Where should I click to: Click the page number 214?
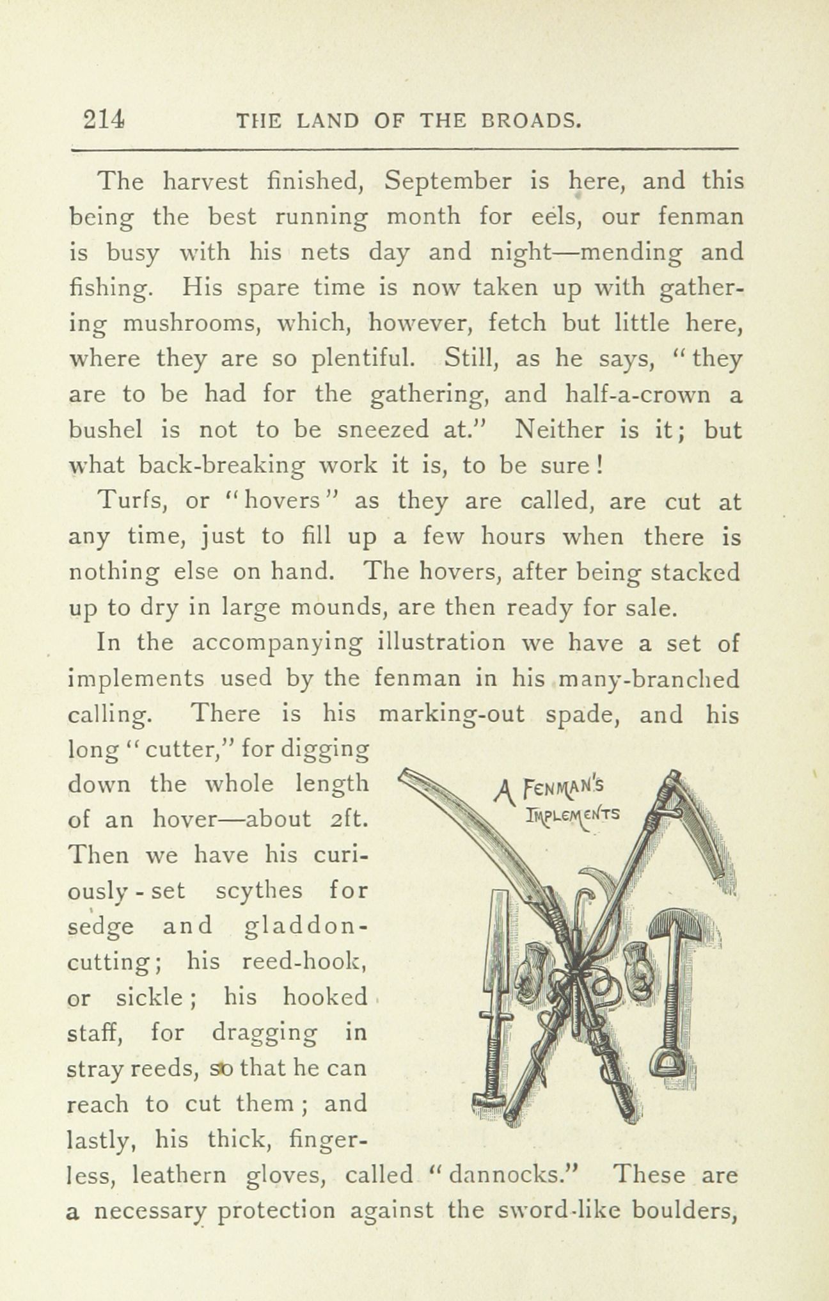pyautogui.click(x=103, y=120)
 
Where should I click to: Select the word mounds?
pyautogui.click(x=338, y=608)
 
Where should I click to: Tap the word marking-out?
pyautogui.click(x=452, y=714)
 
